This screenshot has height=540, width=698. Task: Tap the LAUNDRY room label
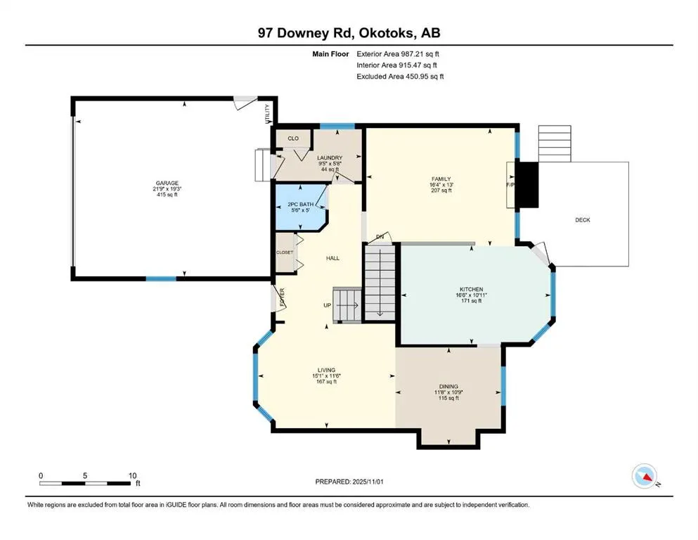point(329,157)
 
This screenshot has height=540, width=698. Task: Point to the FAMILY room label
point(441,179)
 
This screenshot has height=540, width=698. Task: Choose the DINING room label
point(448,386)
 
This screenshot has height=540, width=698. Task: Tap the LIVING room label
point(326,370)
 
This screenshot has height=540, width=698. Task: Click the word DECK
point(583,220)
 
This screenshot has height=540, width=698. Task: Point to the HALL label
point(332,258)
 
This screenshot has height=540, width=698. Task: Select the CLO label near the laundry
point(293,138)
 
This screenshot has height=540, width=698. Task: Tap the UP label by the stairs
point(327,306)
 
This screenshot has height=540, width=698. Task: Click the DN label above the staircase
point(380,236)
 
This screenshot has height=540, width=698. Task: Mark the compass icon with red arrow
point(645,477)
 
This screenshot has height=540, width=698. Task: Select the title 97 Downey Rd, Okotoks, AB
point(349,33)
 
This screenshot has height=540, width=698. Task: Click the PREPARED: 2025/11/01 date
point(349,482)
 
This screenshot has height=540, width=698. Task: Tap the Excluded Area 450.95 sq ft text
point(400,76)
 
